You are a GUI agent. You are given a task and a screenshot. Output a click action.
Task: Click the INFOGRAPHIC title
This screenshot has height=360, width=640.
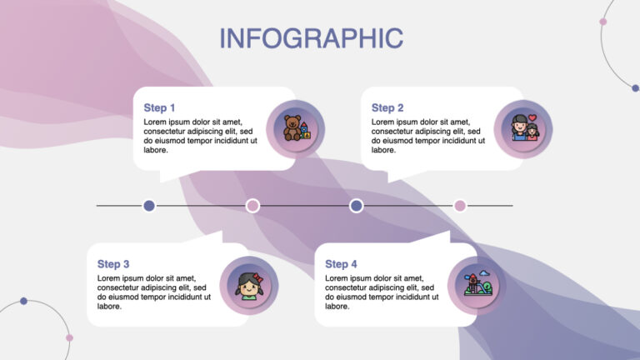[x=311, y=38]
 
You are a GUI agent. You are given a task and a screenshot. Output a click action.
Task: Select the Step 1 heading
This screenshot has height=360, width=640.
[x=159, y=107]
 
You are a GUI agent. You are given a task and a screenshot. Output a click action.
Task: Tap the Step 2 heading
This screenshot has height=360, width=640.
[x=387, y=107]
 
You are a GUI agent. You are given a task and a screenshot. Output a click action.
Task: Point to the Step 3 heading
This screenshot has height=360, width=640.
[x=113, y=264]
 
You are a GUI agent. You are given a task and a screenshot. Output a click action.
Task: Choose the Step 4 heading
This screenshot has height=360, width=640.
[x=341, y=264]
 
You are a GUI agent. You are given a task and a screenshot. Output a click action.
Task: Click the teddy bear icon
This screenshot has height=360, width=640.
[x=294, y=129]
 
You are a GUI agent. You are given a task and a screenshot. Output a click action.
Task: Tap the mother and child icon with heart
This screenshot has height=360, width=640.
[x=523, y=129]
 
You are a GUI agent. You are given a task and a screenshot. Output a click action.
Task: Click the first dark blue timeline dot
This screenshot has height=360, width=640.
[x=149, y=206]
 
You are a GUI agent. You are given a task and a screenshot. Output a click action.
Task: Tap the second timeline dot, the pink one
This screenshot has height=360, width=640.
[x=252, y=206]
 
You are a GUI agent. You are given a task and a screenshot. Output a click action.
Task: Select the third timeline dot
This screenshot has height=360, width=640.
[x=356, y=206]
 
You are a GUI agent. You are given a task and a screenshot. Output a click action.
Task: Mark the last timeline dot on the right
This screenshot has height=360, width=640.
[x=459, y=206]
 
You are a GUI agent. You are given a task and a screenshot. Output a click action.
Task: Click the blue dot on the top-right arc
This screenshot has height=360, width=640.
[x=635, y=87]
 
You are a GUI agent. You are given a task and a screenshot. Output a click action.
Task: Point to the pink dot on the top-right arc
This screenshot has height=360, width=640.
[x=603, y=22]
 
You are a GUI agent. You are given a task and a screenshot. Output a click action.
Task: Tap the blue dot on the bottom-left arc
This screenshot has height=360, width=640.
[x=24, y=301]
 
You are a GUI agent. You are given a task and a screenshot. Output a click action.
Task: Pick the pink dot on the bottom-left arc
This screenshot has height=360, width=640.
[x=69, y=337]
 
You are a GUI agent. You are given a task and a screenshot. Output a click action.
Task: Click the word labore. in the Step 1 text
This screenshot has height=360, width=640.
[x=156, y=150]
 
